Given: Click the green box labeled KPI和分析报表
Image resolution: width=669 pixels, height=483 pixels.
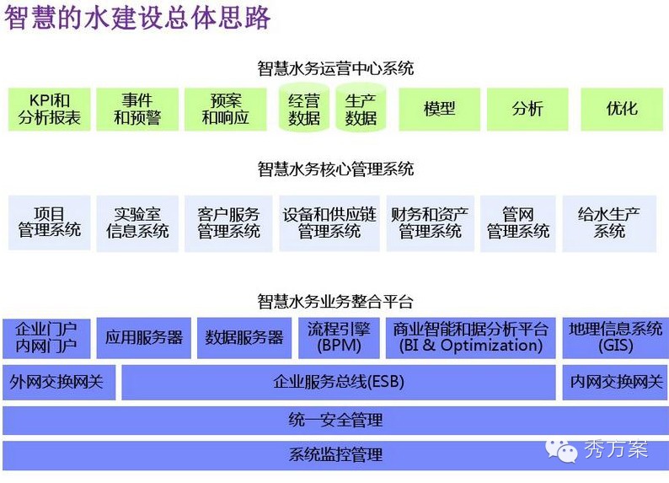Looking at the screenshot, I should [49, 110].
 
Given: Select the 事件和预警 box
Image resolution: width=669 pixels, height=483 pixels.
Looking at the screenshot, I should [137, 110].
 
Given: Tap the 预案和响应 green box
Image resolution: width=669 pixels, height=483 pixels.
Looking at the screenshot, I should [226, 110].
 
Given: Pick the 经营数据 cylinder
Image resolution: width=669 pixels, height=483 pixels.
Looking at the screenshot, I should [304, 110].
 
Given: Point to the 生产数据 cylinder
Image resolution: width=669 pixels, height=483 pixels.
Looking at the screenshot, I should [361, 110].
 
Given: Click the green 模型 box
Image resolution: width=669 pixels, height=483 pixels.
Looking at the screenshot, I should [439, 110].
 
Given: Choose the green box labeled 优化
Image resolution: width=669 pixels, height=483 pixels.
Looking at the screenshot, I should [622, 110].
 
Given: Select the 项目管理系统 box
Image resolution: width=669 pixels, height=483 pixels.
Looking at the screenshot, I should [49, 223].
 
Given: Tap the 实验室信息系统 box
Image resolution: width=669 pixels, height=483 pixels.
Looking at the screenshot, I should [137, 223].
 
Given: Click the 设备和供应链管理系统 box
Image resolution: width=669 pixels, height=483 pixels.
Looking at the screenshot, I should [329, 223].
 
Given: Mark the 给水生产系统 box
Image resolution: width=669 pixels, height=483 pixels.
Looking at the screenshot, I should [609, 223].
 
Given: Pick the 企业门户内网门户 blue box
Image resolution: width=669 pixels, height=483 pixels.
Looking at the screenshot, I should [46, 337].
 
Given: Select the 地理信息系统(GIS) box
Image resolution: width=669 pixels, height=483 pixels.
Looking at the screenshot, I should [615, 337].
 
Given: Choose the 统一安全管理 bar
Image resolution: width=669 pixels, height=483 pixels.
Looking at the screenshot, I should [334, 420].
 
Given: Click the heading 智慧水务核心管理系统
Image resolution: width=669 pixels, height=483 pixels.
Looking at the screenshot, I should [335, 169].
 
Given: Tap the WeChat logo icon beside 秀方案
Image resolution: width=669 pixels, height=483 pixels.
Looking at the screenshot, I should [563, 449].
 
